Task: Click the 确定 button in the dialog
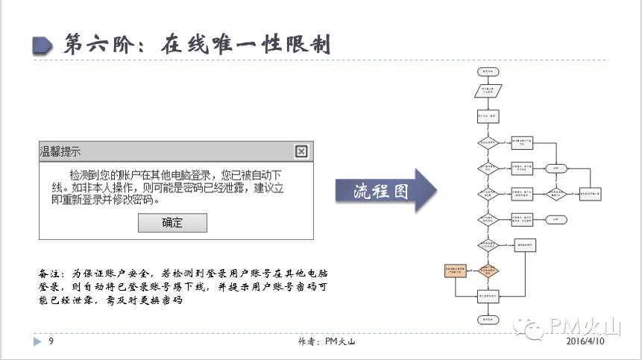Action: coord(172,223)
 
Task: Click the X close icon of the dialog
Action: coord(301,151)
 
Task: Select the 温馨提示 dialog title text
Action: coord(60,151)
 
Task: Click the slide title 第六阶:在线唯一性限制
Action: coord(198,44)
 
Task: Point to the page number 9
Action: coord(51,341)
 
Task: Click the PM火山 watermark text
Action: coord(585,326)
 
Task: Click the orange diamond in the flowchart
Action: coord(488,271)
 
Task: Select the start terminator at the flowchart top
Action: coord(488,72)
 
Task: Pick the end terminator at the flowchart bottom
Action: coord(488,320)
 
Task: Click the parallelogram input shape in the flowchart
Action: coord(488,92)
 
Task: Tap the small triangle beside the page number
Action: coord(37,341)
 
